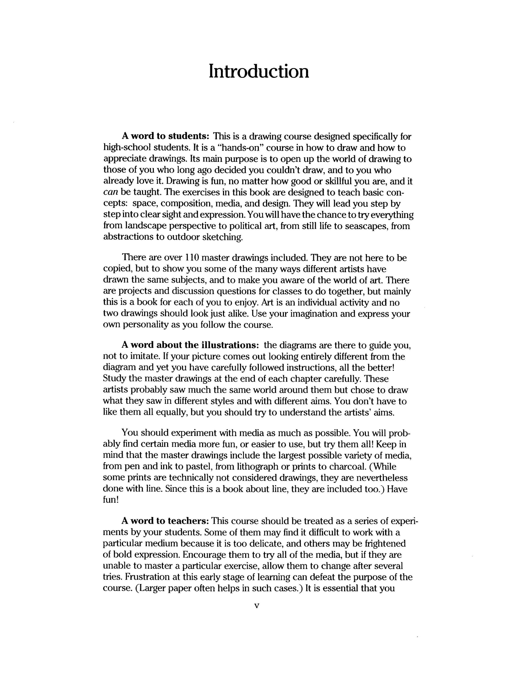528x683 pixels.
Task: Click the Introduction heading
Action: pos(259,71)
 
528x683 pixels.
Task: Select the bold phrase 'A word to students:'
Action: pos(165,136)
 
